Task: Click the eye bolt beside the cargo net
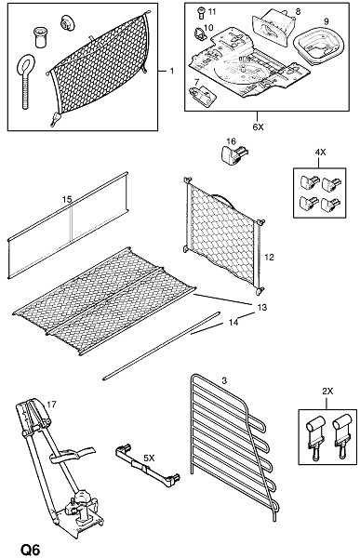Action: tap(26, 80)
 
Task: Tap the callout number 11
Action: tap(212, 12)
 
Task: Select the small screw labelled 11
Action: tap(201, 13)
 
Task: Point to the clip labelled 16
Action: tap(233, 154)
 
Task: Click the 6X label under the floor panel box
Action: tap(259, 127)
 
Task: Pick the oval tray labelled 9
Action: tap(319, 46)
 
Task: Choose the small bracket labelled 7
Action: tap(202, 95)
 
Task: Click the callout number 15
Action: tap(67, 199)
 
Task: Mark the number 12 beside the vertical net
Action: tap(269, 257)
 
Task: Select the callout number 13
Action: tap(261, 307)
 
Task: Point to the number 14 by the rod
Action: tap(233, 323)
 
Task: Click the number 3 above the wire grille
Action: tap(224, 380)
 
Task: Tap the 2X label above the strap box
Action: tap(327, 392)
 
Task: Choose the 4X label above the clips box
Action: tap(320, 152)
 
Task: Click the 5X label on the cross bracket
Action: tap(149, 458)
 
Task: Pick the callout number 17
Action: tap(51, 405)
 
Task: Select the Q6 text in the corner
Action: tap(31, 550)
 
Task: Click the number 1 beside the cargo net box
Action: tap(172, 72)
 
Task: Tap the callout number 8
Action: tap(298, 11)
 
